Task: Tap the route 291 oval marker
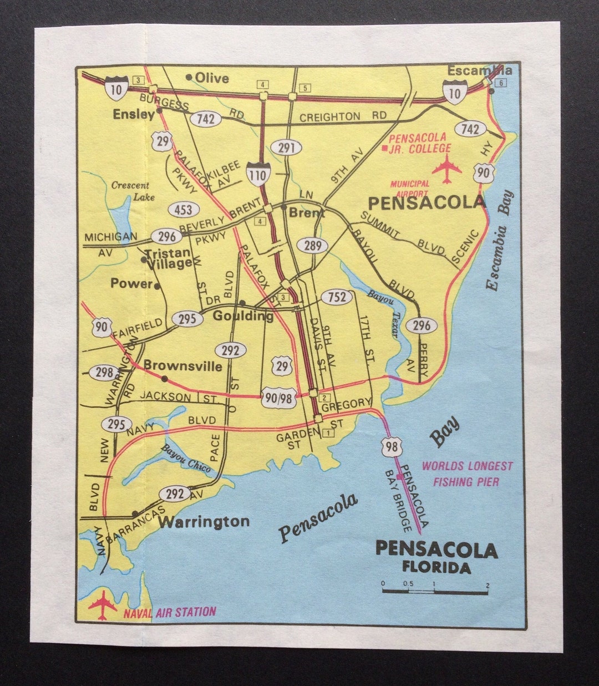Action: [287, 148]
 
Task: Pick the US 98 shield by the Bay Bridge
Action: [392, 446]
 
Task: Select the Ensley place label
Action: [133, 114]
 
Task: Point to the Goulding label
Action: [243, 316]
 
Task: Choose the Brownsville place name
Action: [182, 366]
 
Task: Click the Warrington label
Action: [204, 521]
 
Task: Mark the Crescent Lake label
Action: [130, 191]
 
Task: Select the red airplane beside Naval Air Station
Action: [103, 604]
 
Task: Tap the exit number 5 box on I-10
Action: [304, 88]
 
